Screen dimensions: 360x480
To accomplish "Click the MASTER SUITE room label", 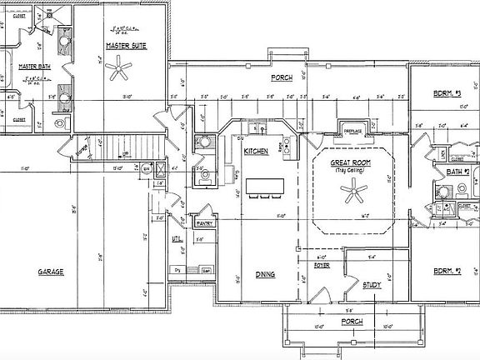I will (126, 45).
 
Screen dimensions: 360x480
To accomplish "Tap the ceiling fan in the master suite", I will (122, 71).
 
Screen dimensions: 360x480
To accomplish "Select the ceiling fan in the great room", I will (356, 193).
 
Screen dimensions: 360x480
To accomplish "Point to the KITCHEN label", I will (255, 151).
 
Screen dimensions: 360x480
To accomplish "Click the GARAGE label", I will (52, 272).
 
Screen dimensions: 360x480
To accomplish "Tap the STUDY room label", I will (372, 285).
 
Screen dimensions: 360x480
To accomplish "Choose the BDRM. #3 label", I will (447, 93).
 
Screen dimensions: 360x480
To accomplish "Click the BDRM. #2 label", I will (447, 272).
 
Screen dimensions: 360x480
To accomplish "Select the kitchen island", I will (266, 184).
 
